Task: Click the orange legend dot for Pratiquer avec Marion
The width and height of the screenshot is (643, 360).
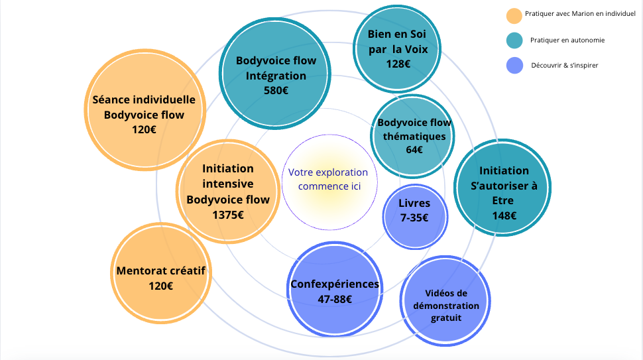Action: (x=514, y=15)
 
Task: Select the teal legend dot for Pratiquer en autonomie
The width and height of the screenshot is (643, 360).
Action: (x=514, y=40)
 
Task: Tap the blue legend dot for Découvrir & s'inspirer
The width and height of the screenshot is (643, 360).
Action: (x=514, y=65)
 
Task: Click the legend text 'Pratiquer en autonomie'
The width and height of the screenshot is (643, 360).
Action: (x=567, y=40)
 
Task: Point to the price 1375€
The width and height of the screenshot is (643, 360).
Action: (x=228, y=215)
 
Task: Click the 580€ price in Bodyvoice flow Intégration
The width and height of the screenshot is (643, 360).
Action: (x=276, y=90)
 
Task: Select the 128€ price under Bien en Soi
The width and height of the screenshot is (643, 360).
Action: (x=398, y=64)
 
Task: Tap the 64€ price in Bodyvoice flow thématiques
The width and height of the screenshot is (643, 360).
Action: (x=414, y=150)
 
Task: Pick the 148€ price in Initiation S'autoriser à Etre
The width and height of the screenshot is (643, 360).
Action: (x=504, y=215)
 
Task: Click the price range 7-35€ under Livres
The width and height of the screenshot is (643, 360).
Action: (x=414, y=217)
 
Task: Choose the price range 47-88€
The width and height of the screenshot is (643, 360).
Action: (x=335, y=299)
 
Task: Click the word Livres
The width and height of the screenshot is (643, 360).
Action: (x=414, y=203)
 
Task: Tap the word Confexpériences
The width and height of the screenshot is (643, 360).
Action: (x=335, y=284)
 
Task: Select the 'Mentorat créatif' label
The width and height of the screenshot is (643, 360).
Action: (x=161, y=271)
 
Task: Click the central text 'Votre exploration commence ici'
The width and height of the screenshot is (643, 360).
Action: (x=328, y=179)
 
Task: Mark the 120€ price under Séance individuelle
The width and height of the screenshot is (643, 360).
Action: (x=144, y=129)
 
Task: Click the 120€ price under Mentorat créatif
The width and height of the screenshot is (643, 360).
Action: (x=161, y=286)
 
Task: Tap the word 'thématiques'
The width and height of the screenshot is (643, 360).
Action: (x=414, y=136)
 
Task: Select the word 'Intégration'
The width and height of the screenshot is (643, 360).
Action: (x=276, y=76)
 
